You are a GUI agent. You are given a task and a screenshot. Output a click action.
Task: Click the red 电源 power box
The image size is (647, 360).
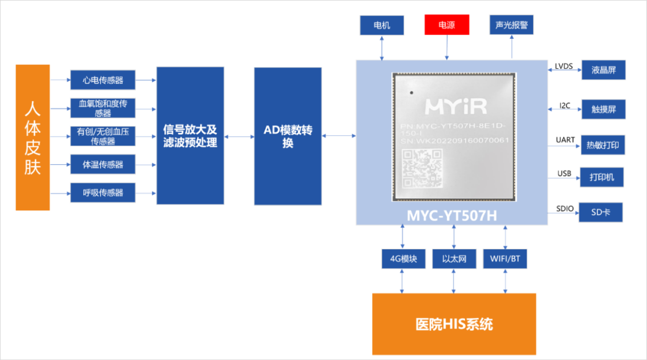tap(446, 25)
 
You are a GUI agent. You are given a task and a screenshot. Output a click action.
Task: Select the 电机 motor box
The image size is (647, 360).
tap(382, 25)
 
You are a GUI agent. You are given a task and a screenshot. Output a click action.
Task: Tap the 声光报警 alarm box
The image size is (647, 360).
tap(511, 25)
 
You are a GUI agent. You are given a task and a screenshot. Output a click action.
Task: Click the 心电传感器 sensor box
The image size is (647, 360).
tap(102, 80)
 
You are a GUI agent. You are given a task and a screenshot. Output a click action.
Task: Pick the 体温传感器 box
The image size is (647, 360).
tap(102, 164)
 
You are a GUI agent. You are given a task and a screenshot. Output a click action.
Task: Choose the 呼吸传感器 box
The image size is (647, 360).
tap(102, 192)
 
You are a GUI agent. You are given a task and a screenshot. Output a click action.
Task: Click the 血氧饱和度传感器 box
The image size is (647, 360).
tap(102, 108)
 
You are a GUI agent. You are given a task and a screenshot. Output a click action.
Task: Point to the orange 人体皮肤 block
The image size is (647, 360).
tap(32, 137)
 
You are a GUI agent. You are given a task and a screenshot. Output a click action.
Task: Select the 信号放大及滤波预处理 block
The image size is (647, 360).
tap(190, 136)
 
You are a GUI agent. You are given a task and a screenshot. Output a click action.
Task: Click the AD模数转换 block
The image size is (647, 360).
tap(288, 136)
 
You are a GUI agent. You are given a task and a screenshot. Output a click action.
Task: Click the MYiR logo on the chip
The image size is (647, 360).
tap(456, 107)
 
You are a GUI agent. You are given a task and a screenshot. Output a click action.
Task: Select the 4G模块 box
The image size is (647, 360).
tap(403, 259)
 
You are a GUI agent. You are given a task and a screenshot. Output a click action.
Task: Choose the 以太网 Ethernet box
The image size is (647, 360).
tap(454, 259)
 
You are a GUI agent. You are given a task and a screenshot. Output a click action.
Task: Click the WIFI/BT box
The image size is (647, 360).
tap(505, 259)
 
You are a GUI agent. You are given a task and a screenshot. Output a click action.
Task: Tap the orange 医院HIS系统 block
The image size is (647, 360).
tap(453, 324)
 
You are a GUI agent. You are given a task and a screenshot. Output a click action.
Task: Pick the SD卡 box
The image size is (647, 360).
tap(600, 213)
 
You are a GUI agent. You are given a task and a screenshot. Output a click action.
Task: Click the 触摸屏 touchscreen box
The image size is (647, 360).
tap(603, 110)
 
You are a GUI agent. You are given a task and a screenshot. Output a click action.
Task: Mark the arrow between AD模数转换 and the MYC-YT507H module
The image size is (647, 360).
tap(338, 136)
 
